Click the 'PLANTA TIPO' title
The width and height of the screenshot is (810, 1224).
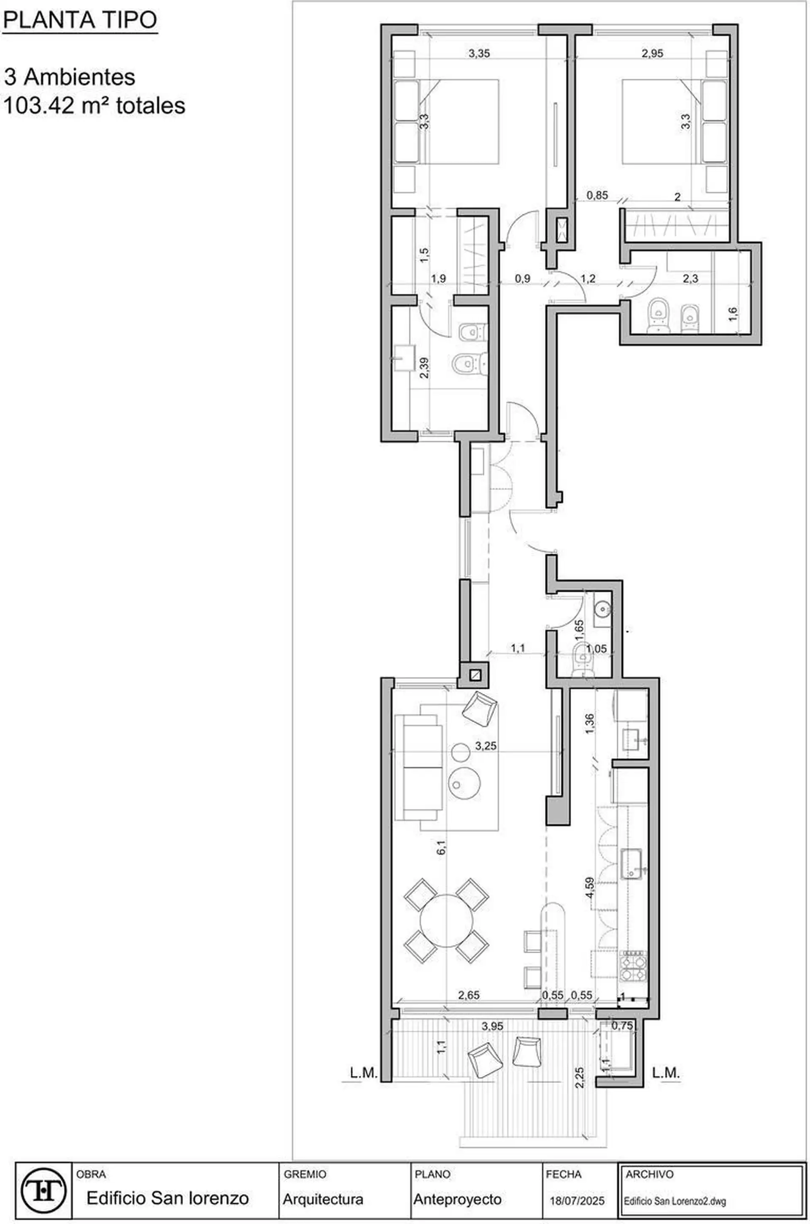click(x=80, y=21)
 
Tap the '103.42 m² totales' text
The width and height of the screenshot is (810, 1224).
click(x=94, y=106)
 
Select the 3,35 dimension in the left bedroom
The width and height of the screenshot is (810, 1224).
click(x=479, y=53)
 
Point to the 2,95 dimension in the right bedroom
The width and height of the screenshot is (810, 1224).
click(x=653, y=53)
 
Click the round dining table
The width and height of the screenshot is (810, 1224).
click(x=446, y=920)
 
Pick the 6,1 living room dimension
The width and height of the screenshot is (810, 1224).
click(x=441, y=848)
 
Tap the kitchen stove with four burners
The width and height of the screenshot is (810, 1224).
click(x=634, y=966)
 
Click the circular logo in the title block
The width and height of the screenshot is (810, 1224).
click(x=44, y=1194)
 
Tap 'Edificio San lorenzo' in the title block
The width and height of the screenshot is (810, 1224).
click(x=167, y=1198)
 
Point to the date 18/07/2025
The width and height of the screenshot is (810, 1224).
click(x=577, y=1201)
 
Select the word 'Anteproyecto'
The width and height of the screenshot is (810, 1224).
click(x=457, y=1199)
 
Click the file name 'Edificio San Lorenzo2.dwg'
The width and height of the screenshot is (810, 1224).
click(x=675, y=1201)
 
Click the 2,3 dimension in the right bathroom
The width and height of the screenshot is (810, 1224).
click(x=690, y=279)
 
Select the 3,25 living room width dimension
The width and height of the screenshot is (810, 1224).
click(x=486, y=745)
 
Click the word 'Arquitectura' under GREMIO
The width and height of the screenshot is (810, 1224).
click(x=323, y=1199)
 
